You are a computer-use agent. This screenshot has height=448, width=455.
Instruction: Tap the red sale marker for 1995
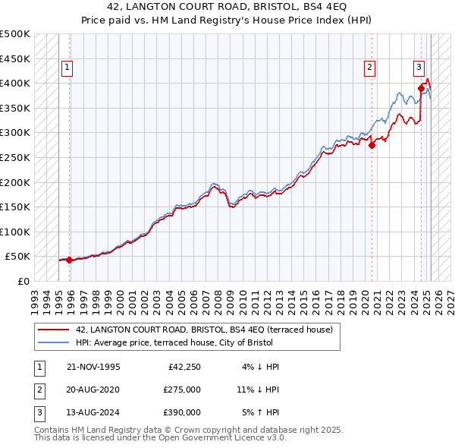[70, 260]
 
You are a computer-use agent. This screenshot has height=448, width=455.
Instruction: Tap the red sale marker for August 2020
[372, 146]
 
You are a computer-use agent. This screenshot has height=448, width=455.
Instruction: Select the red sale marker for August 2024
[421, 89]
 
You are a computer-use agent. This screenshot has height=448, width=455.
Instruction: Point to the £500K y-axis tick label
[15, 34]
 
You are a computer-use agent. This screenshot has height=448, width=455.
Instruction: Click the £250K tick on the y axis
[15, 157]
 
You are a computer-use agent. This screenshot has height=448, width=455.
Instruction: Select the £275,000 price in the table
[182, 390]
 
